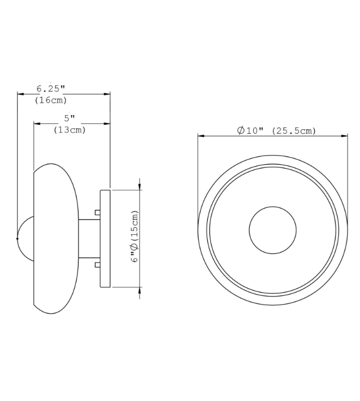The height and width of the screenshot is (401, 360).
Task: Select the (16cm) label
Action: click(51, 100)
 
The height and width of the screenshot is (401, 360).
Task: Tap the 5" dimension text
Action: click(69, 118)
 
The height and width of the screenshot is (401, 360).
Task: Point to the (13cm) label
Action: click(70, 130)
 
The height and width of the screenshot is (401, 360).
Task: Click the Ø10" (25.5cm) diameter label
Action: click(277, 130)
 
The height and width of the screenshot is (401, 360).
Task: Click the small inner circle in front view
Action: click(272, 230)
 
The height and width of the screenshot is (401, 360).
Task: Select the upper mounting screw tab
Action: click(97, 212)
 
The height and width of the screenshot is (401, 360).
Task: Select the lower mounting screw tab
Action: click(97, 264)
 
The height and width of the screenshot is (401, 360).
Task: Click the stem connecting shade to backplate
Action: click(89, 238)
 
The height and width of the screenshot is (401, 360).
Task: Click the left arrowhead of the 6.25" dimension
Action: click(20, 94)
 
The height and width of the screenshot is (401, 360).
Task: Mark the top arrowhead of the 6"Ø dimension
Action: click(140, 186)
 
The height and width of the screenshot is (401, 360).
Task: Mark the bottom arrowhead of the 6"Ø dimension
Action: click(140, 290)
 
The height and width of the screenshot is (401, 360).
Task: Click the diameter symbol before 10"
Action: click(241, 130)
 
